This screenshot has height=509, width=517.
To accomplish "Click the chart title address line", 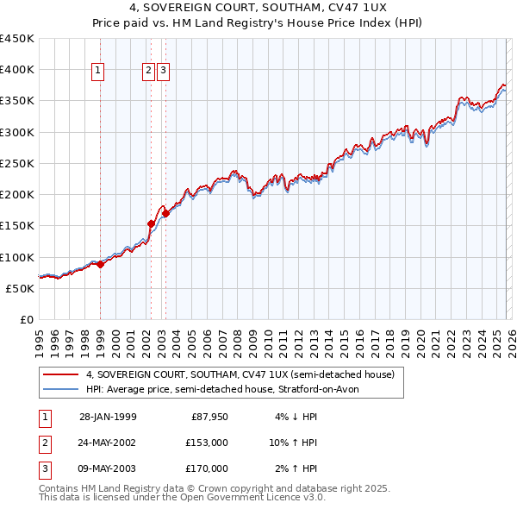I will tap(258, 9).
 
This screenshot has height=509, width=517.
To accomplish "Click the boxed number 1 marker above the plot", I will tap(98, 72).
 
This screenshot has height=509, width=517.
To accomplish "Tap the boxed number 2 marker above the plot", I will tap(148, 72).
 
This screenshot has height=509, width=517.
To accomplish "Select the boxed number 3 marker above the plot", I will tap(163, 72).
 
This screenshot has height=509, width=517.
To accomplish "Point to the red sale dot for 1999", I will tap(100, 265).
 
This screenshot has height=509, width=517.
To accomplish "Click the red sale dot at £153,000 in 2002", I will tap(151, 223).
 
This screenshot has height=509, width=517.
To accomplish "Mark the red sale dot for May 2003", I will tap(165, 213).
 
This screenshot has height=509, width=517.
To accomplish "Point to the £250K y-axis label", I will tap(17, 164).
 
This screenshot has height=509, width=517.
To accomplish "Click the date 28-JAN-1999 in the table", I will tap(108, 417).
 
